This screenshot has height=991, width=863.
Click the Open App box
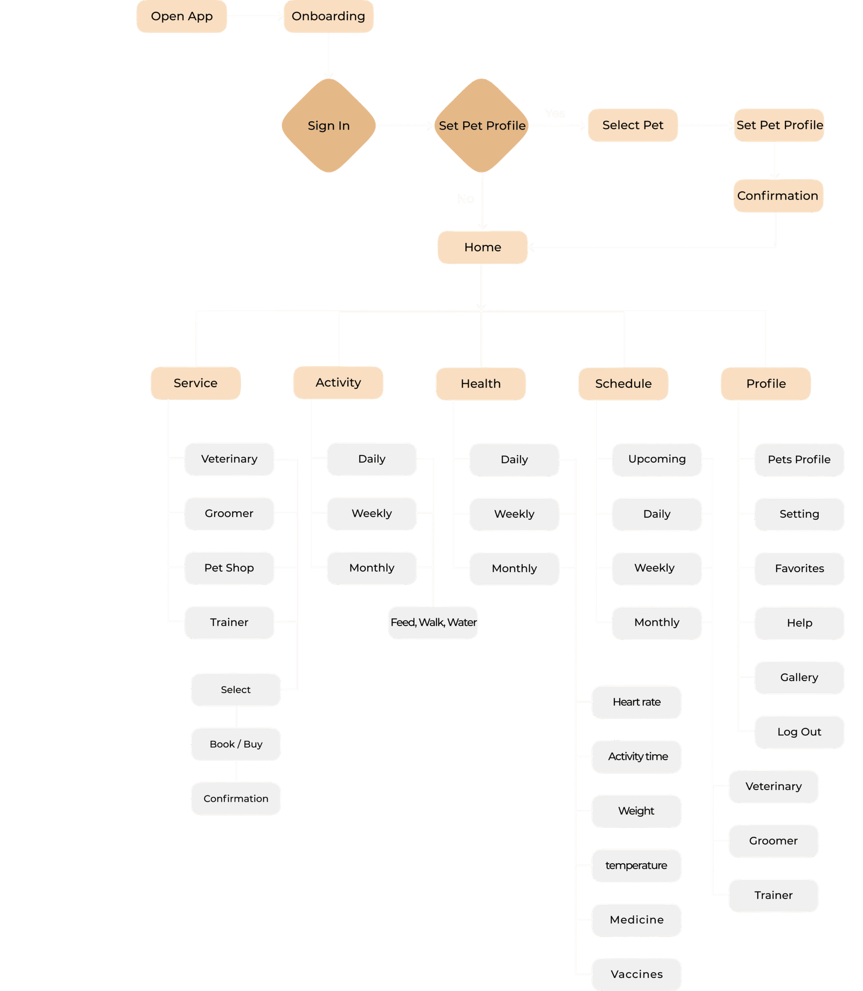coord(181,17)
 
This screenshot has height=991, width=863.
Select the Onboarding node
coord(328,17)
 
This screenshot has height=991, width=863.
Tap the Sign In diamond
coord(328,126)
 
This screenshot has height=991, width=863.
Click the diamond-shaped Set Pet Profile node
coord(482,126)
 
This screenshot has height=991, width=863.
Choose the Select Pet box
coord(632,125)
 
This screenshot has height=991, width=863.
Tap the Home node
coord(482,247)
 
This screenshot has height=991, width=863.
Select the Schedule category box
coord(623,383)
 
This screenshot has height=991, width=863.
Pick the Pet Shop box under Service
coord(229,568)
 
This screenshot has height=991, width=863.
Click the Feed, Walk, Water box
coord(433,622)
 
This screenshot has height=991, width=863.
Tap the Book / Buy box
coord(236,744)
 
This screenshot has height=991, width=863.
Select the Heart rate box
coord(636,702)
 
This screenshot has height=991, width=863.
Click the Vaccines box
coord(636,974)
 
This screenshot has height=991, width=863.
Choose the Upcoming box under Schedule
coord(656,459)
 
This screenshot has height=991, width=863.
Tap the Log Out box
coord(799,732)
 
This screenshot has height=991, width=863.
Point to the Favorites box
coord(799,568)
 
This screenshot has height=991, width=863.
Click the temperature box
coord(636,865)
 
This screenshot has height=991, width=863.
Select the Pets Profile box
coord(799,459)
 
